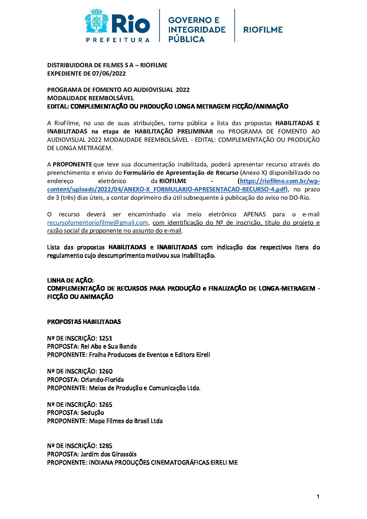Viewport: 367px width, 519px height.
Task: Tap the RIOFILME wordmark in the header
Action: (x=263, y=30)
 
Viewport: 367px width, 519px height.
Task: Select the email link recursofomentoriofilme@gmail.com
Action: (x=97, y=223)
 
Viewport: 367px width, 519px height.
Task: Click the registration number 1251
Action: (x=105, y=338)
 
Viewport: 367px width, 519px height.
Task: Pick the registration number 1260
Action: (x=105, y=371)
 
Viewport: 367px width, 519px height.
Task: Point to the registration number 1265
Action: (x=105, y=405)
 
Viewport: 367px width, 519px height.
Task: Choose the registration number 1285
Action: (x=105, y=446)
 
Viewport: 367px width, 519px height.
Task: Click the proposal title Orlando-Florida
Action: (x=102, y=380)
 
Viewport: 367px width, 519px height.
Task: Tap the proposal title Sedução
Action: (x=92, y=413)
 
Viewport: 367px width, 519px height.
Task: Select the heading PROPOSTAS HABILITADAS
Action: (x=84, y=322)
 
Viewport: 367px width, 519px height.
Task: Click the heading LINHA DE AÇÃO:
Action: (x=70, y=280)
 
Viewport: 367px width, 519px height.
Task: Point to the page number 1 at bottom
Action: (x=318, y=497)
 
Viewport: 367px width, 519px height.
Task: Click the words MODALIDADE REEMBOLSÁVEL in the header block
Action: (x=91, y=98)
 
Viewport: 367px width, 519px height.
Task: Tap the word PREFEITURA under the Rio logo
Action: (x=118, y=40)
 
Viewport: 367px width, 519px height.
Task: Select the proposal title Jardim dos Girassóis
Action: (x=109, y=454)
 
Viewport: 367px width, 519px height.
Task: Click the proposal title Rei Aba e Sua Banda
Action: (x=109, y=346)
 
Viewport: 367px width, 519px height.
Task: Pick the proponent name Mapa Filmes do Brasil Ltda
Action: (x=126, y=421)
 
